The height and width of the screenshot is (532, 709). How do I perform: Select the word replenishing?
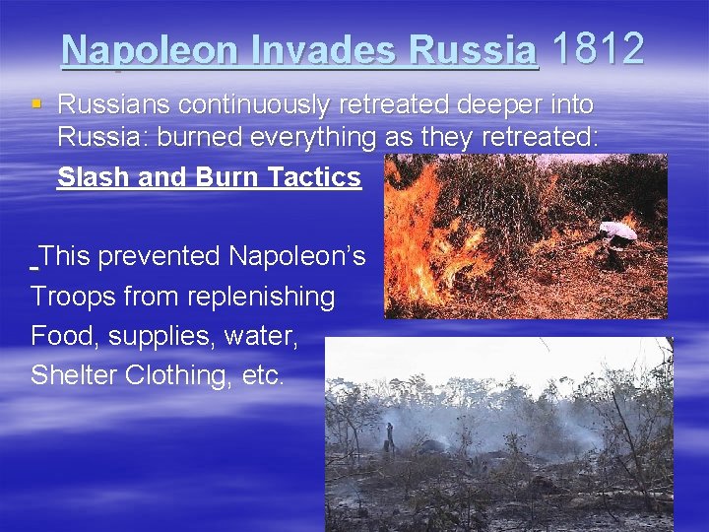click(x=255, y=296)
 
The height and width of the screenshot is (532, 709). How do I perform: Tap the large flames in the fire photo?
click(x=423, y=227)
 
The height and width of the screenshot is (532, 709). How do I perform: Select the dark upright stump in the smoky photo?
click(x=389, y=435)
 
